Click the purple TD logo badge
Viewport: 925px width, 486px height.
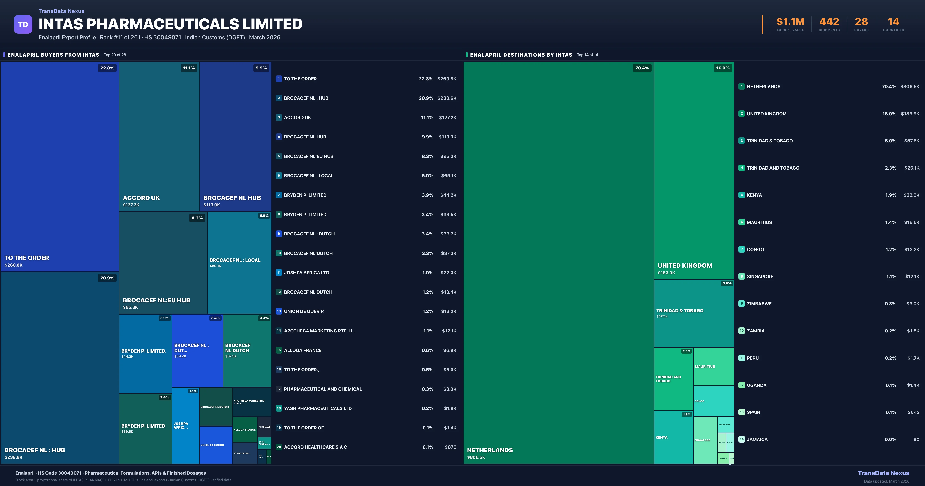click(x=23, y=24)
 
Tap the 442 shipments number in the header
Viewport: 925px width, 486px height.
click(x=829, y=22)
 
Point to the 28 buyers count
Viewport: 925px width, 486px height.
click(x=861, y=22)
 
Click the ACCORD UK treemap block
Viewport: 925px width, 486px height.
click(x=159, y=137)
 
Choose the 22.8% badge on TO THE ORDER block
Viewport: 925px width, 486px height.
click(x=107, y=68)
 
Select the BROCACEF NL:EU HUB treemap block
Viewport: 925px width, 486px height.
click(x=163, y=262)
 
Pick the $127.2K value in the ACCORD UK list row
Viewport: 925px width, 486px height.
click(x=447, y=117)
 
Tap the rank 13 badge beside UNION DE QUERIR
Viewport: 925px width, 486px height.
click(x=279, y=311)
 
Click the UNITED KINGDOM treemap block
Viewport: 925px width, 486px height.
click(x=694, y=171)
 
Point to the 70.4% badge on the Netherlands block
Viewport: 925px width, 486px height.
click(x=642, y=68)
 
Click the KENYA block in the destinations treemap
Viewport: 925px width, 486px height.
click(x=673, y=437)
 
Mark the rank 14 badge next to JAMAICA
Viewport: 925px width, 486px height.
click(x=742, y=439)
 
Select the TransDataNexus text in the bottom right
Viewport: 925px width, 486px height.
click(x=883, y=473)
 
